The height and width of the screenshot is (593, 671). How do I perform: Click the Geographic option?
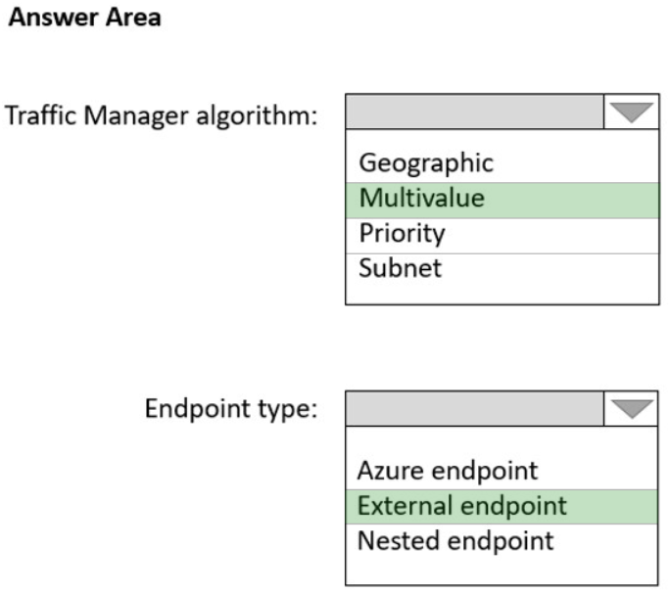[x=426, y=163]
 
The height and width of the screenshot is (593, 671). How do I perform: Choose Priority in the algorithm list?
[x=403, y=234]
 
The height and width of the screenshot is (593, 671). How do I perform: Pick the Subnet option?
[x=400, y=268]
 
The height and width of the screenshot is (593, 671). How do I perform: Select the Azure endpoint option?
[x=448, y=471]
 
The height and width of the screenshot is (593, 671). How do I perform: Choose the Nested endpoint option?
[x=455, y=541]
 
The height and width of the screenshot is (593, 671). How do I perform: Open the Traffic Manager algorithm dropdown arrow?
[x=631, y=112]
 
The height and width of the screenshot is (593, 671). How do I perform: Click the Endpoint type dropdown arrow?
[x=632, y=409]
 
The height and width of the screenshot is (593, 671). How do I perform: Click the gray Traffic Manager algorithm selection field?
[x=474, y=112]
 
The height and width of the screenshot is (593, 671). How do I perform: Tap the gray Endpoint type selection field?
[x=474, y=409]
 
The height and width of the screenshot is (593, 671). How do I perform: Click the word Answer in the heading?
[x=54, y=18]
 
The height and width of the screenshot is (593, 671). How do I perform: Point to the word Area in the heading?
[x=133, y=18]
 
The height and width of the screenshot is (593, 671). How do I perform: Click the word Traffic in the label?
[x=41, y=115]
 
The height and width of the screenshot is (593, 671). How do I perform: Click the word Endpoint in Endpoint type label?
[x=199, y=409]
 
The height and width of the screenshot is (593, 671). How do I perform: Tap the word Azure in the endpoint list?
[x=391, y=471]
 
